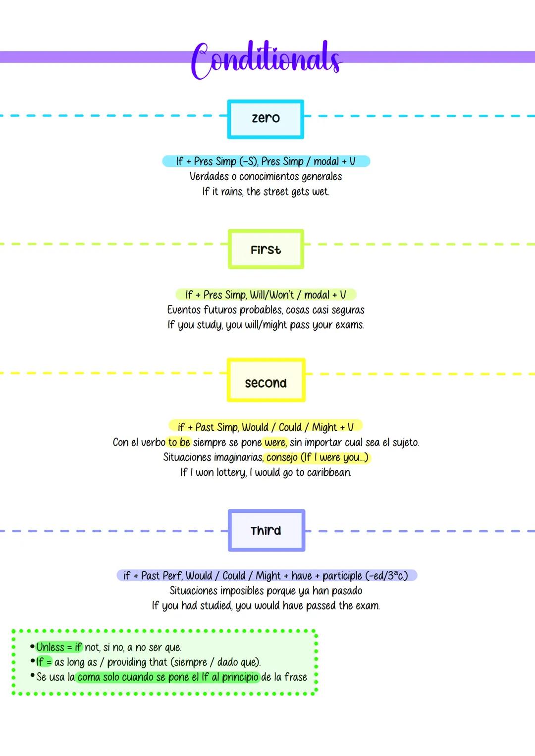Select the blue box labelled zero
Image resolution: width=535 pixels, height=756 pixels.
266,119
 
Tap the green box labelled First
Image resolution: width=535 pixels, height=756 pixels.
266,250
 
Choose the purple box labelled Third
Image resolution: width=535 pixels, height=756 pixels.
266,530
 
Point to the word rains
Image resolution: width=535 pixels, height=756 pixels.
231,192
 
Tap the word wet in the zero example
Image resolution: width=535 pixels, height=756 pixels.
320,192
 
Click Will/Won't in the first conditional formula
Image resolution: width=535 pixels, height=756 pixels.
272,295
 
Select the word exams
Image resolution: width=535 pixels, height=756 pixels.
350,325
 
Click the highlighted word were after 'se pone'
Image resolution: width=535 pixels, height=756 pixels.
275,442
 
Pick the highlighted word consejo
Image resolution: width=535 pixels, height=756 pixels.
282,457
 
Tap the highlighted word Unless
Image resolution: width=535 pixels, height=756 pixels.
51,647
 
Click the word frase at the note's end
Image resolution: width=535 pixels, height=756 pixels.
296,677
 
